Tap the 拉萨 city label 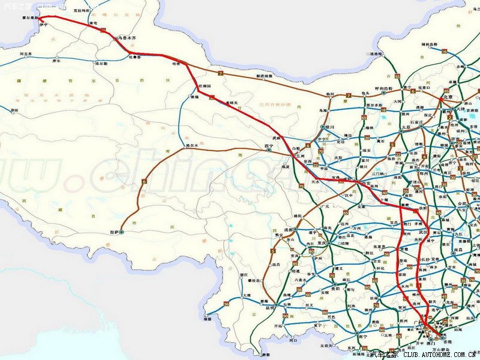pyautogui.click(x=113, y=231)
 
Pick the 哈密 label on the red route pyautogui.click(x=176, y=62)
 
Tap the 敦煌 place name pyautogui.click(x=194, y=97)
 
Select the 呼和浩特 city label pyautogui.click(x=383, y=88)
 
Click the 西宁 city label pyautogui.click(x=269, y=146)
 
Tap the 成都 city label pyautogui.click(x=290, y=229)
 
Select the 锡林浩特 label pyautogui.click(x=430, y=44)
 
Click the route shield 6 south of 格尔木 pyautogui.click(x=144, y=181)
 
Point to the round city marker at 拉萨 pyautogui.click(x=122, y=231)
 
